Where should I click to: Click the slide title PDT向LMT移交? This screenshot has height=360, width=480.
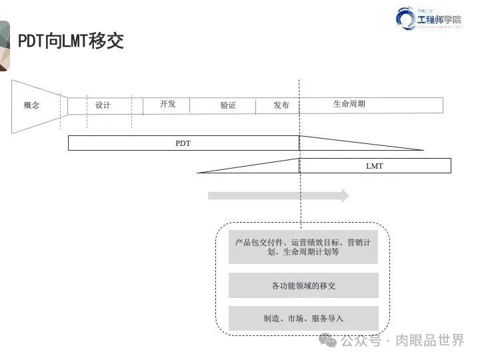pos(71,41)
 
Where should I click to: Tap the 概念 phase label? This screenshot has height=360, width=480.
pos(31,105)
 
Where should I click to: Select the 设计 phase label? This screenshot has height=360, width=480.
pos(103,105)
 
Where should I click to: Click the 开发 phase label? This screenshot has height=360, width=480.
pos(168,104)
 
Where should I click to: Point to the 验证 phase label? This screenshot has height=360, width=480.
pos(228,105)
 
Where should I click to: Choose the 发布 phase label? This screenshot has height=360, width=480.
pos(281,105)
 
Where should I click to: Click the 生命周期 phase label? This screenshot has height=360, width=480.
pos(349,104)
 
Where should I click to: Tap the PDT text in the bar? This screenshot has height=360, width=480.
pos(183,143)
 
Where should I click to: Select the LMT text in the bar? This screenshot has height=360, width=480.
pos(375,165)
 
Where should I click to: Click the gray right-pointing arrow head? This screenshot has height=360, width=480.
pos(344,195)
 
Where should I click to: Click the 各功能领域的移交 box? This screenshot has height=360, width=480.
pos(303,285)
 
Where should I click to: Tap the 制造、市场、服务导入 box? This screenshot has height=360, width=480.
pos(303,319)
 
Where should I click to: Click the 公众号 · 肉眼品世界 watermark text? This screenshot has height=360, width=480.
pos(403,341)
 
